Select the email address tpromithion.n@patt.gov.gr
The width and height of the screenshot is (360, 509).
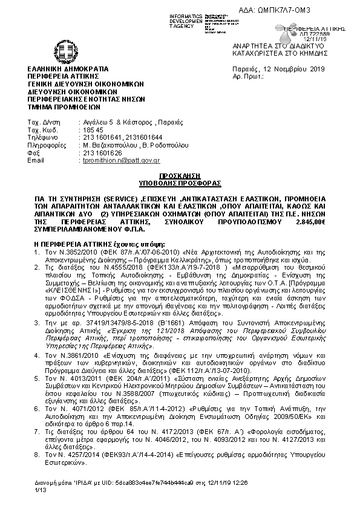tap(121, 160)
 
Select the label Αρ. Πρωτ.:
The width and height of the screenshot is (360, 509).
tap(247, 78)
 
